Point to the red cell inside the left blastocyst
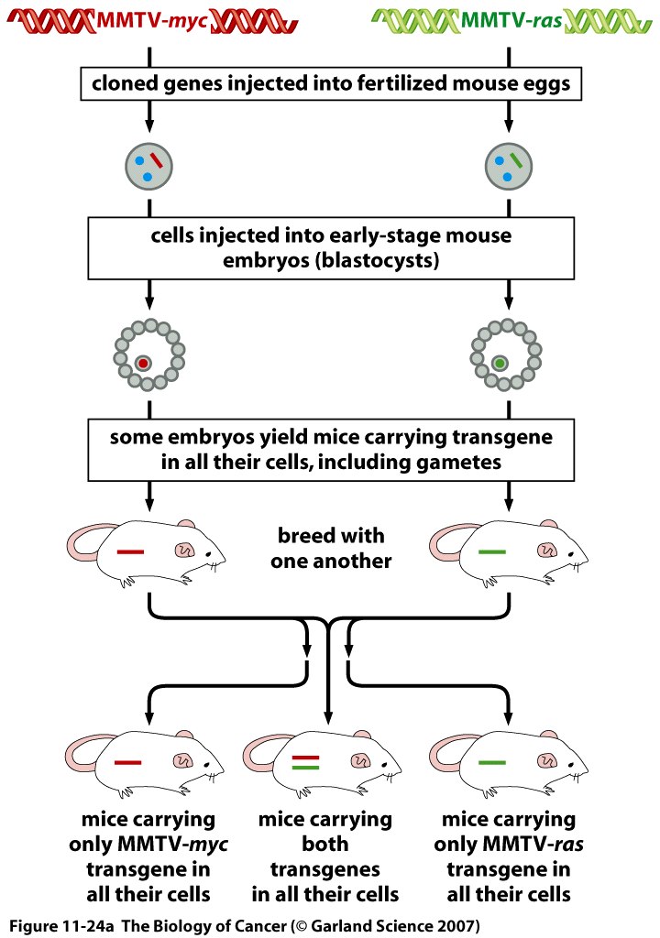142,364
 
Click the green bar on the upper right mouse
492,551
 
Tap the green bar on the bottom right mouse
492,761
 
